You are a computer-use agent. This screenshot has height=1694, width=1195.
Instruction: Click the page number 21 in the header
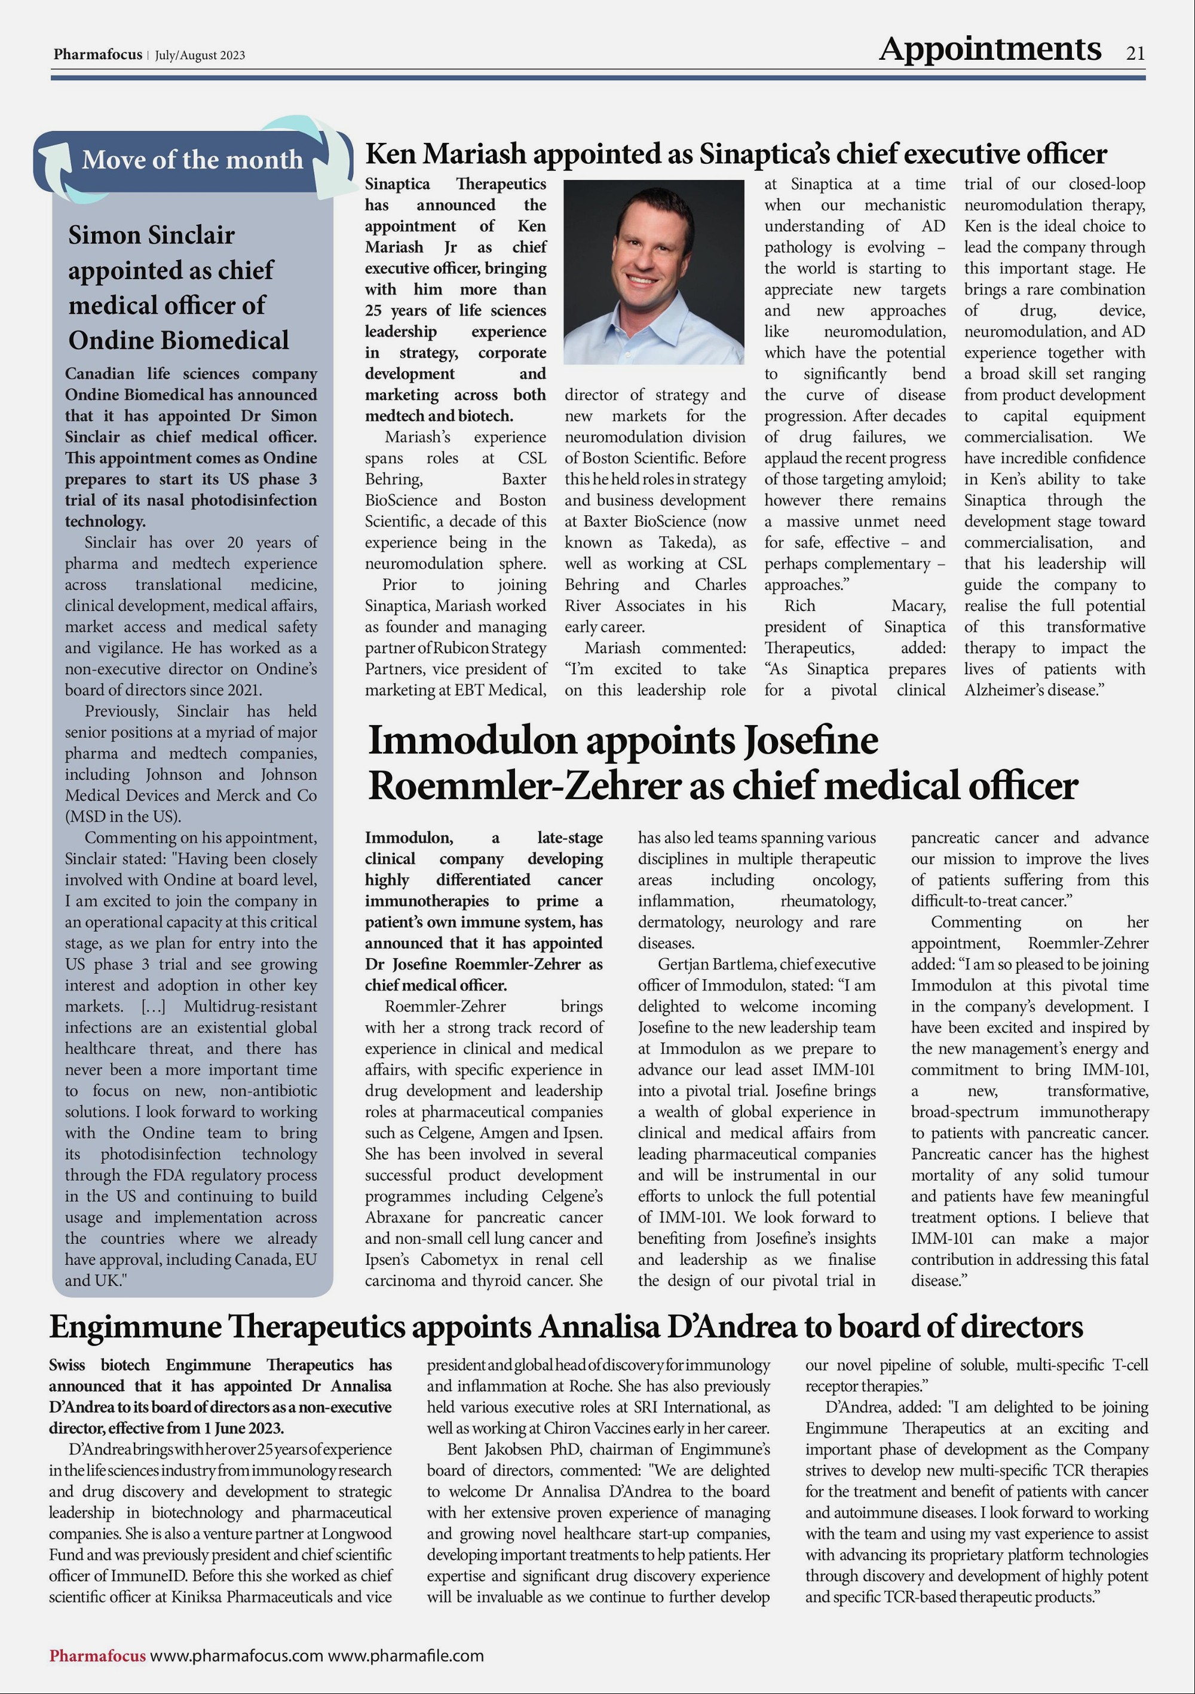pos(1135,53)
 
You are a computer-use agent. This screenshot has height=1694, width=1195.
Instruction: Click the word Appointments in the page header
pos(990,50)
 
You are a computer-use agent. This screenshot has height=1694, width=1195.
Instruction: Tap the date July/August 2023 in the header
pos(200,56)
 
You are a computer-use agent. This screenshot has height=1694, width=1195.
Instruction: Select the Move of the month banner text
pos(192,160)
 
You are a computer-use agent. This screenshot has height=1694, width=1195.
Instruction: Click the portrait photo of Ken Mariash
pos(654,271)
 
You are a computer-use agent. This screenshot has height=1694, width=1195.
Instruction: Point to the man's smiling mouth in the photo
pos(641,280)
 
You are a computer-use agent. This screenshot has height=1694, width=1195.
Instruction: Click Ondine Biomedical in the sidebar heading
pos(179,340)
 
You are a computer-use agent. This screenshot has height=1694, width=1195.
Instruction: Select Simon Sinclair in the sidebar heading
pos(151,235)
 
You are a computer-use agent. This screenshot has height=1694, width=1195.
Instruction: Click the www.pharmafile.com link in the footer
pos(406,1655)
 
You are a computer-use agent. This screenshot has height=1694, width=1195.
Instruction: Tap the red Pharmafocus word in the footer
pos(97,1655)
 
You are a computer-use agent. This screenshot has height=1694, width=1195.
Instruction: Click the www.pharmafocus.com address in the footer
pos(237,1655)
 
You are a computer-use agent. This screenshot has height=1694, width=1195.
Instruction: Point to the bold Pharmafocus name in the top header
pos(97,54)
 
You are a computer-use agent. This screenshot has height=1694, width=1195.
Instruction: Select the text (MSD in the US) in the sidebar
pos(122,817)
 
